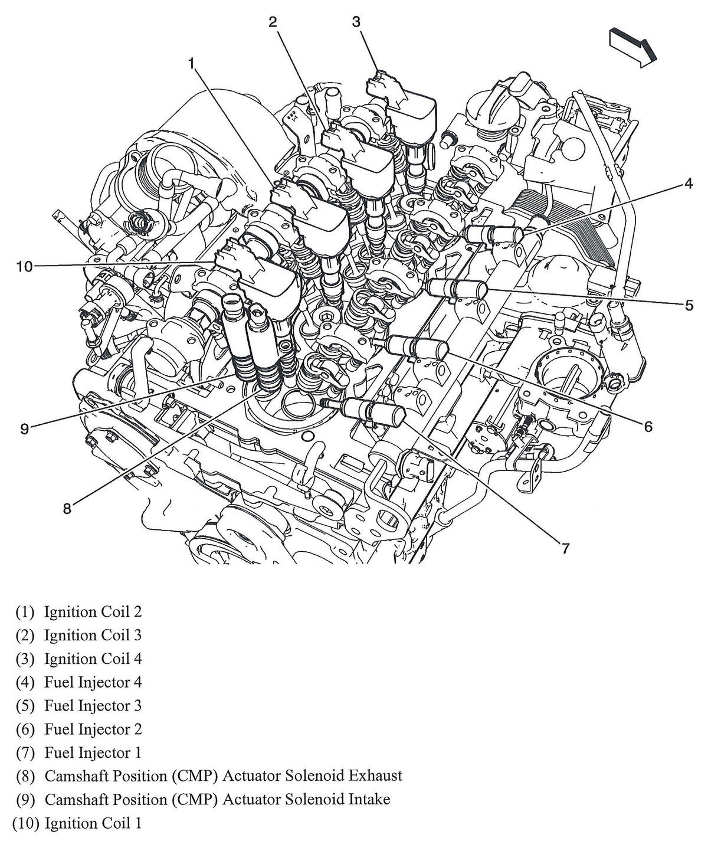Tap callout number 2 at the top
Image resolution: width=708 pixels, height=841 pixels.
(x=273, y=22)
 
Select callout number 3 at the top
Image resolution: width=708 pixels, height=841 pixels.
(x=356, y=22)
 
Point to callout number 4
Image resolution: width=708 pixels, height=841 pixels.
(x=688, y=184)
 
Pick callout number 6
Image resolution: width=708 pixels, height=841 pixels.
(x=648, y=426)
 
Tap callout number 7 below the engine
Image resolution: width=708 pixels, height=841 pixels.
(x=565, y=548)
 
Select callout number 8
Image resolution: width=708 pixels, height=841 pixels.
(x=67, y=508)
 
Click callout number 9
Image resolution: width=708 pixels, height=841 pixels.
(x=24, y=428)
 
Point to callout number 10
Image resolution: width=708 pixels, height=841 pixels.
(x=24, y=267)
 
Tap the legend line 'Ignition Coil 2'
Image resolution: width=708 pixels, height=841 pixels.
(x=93, y=612)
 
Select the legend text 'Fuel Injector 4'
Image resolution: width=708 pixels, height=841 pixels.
(x=93, y=682)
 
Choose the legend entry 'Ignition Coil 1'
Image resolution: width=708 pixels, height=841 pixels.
(x=93, y=823)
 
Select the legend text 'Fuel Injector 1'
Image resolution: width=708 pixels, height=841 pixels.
(x=93, y=752)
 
